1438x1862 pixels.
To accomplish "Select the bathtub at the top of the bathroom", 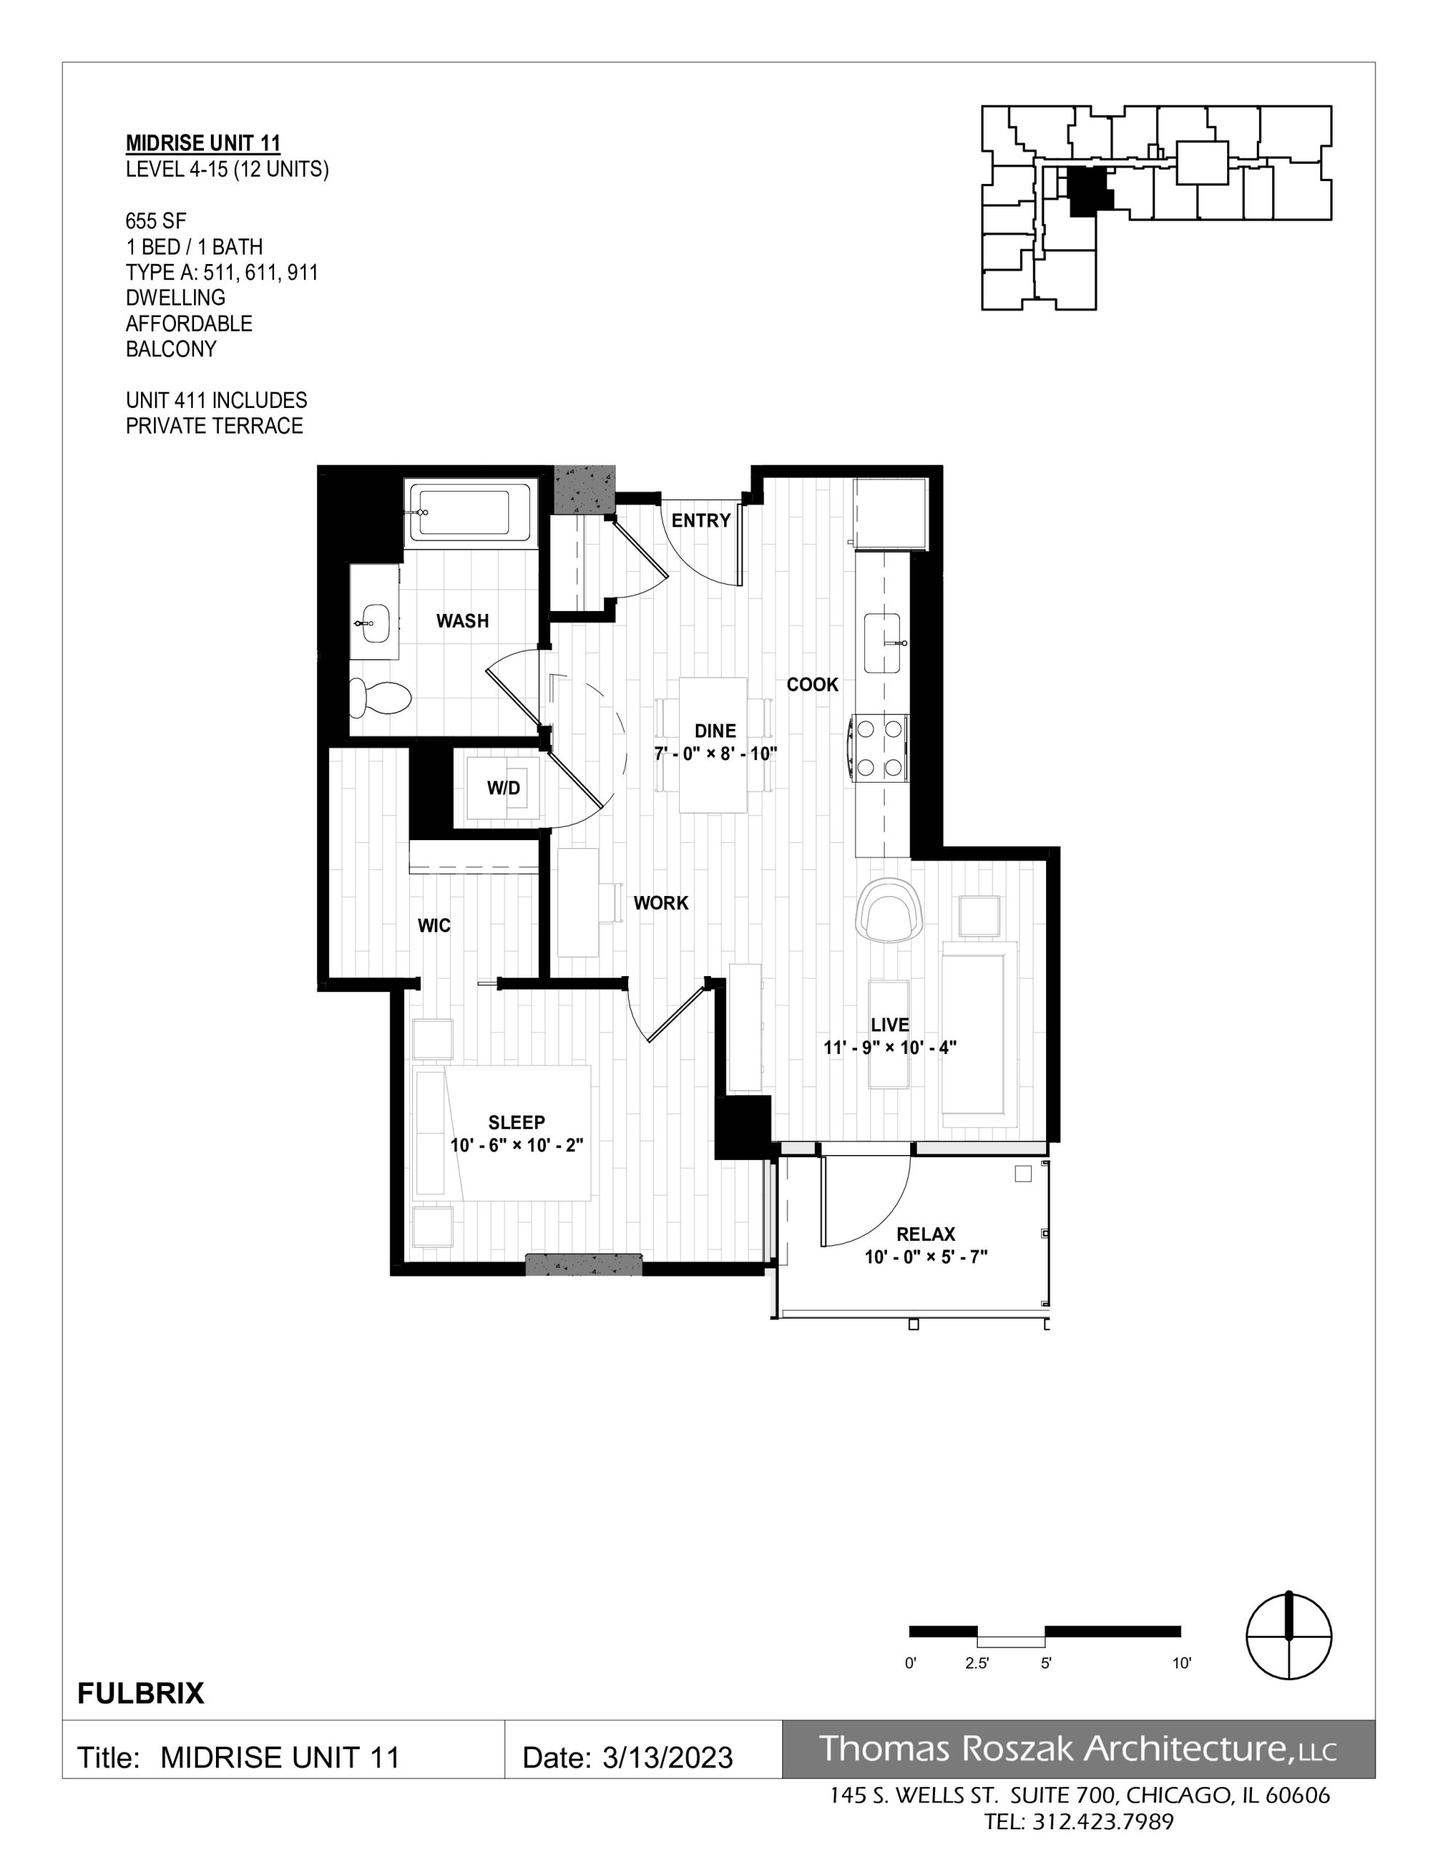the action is coord(470,511).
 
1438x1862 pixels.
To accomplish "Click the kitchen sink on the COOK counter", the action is coord(883,643).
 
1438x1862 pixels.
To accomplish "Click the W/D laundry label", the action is coord(503,788).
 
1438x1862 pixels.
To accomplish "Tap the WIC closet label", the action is coord(434,926).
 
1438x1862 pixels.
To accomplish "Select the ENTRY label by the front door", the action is coord(701,521).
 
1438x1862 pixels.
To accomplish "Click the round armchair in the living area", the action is coord(890,910).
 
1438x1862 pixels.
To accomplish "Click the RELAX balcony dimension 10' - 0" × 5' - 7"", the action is coord(925,1257).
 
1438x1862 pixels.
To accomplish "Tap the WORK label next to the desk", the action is coord(661,903).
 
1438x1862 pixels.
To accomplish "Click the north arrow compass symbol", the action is coord(1289,1637).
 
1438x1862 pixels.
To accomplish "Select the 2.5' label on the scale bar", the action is coord(977,1663).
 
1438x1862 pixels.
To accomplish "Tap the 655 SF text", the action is coord(156,222).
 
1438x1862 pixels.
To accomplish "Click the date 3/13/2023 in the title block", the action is coord(667,1758).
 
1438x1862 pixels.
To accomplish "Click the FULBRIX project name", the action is coord(140,1693).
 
